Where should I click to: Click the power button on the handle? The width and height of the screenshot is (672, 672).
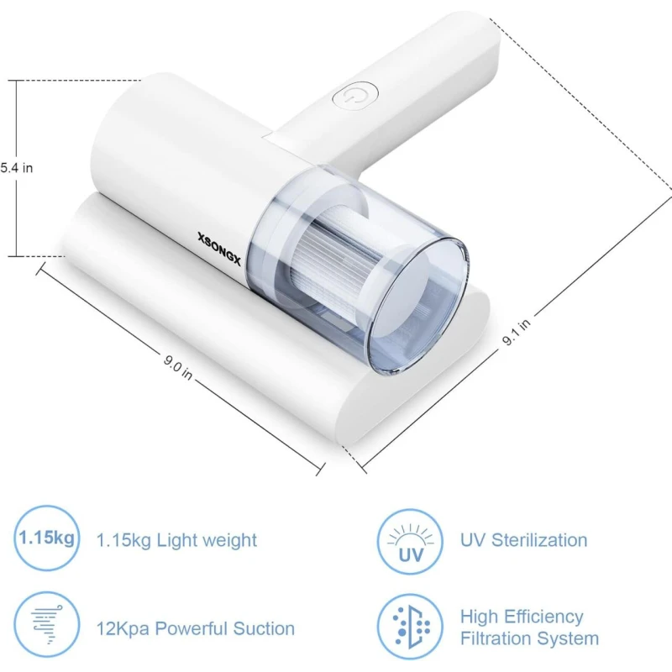coord(355,95)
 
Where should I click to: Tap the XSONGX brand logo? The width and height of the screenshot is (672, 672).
coord(219,249)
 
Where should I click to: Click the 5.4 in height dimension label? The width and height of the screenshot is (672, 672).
coord(16,168)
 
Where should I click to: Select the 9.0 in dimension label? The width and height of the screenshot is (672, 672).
coord(178,367)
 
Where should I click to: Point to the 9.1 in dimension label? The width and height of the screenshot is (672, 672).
coord(517,331)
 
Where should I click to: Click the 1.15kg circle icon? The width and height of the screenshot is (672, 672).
coord(47,538)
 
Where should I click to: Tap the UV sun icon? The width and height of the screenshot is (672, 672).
coord(410,542)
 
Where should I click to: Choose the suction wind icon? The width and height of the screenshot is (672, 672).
coord(47,624)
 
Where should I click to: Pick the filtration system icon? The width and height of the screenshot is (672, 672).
coord(410,627)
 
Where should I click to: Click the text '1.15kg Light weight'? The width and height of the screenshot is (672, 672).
coord(176,540)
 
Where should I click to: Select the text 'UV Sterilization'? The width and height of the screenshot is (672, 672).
coord(523,540)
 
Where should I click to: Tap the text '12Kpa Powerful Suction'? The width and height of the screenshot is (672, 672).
coord(196,628)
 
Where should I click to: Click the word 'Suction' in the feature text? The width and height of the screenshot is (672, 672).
coord(264,628)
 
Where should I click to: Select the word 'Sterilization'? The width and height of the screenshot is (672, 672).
coord(539,540)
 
